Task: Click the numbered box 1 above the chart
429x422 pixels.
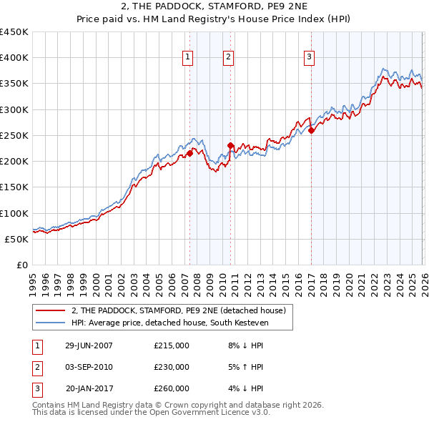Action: pos(187,57)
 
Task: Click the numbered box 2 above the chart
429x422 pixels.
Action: pos(228,57)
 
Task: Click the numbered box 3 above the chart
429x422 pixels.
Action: pos(309,57)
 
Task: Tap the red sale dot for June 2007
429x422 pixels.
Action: pos(189,153)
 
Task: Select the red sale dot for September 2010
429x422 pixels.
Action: pos(230,145)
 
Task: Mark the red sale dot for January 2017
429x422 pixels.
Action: pos(312,130)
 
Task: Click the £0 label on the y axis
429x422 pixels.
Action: pos(21,265)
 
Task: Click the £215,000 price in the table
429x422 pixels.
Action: pos(172,345)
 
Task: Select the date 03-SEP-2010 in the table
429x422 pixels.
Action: pos(89,367)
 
